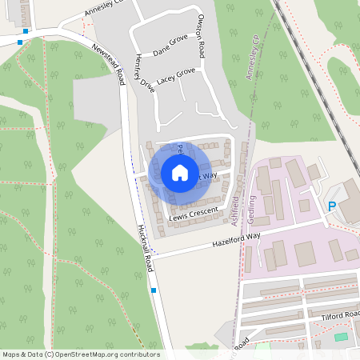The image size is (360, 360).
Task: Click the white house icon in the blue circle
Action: pyautogui.click(x=180, y=173)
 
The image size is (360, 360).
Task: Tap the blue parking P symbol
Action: pyautogui.click(x=332, y=207)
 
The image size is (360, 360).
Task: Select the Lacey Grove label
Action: pyautogui.click(x=176, y=76)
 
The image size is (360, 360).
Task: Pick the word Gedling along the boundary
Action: pyautogui.click(x=250, y=205)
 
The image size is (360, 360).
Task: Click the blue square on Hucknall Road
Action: pyautogui.click(x=153, y=290)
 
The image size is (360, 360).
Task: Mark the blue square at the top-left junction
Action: pyautogui.click(x=26, y=31)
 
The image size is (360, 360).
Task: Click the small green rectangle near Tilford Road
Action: pyautogui.click(x=342, y=337)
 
